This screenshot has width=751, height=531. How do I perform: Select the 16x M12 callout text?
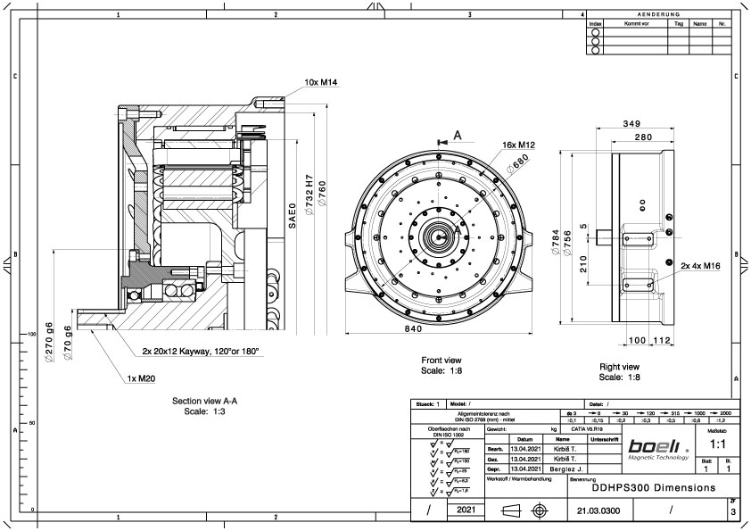[518, 145]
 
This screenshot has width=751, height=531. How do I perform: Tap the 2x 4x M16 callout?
[699, 265]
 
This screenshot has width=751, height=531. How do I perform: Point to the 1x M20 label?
[143, 378]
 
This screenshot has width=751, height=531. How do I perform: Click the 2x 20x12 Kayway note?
[200, 352]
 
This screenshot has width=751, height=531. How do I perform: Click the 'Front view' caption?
[441, 361]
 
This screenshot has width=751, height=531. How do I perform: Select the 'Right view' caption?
[619, 367]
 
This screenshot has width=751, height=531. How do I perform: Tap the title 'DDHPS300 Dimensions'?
[653, 488]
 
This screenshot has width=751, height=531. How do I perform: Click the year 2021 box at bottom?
[466, 510]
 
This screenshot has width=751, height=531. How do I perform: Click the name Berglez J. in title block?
[563, 468]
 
